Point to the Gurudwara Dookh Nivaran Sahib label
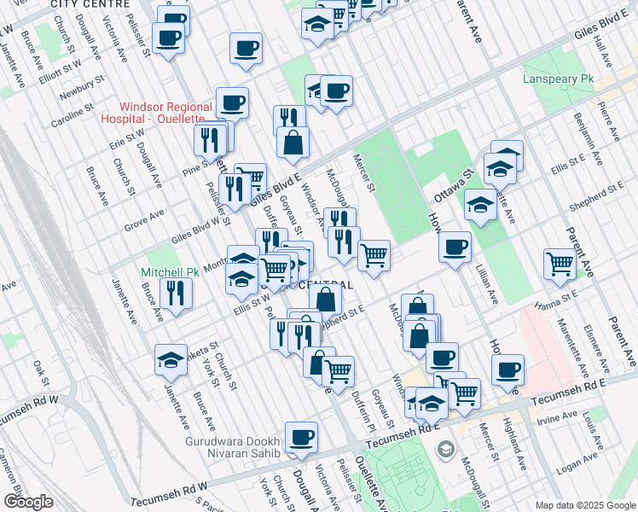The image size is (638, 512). [233, 448]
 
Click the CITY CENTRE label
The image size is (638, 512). [84, 4]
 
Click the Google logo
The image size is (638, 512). [28, 502]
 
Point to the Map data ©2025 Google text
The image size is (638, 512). [584, 505]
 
